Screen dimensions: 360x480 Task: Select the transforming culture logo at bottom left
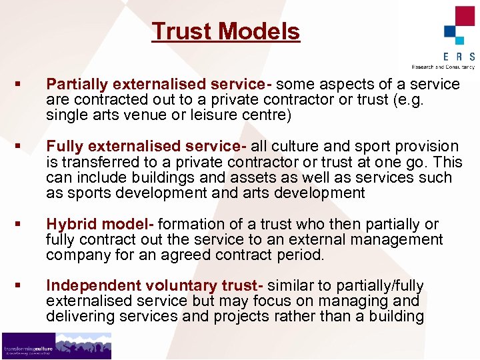56,345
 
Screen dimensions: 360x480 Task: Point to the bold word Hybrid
70,224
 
